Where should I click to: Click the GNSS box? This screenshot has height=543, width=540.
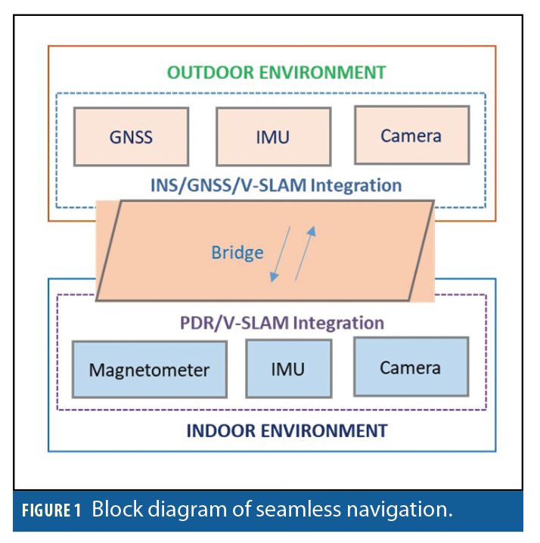[x=131, y=137]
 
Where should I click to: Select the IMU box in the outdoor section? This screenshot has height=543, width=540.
[x=273, y=137]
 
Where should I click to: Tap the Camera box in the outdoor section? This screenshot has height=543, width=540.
[x=411, y=135]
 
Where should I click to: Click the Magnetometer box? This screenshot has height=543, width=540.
[x=149, y=370]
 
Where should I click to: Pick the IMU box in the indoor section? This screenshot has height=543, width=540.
[x=288, y=368]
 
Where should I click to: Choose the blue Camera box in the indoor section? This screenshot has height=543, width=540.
[x=411, y=367]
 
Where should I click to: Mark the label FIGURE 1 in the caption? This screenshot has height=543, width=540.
[x=51, y=510]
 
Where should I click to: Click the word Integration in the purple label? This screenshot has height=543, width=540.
[x=339, y=323]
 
